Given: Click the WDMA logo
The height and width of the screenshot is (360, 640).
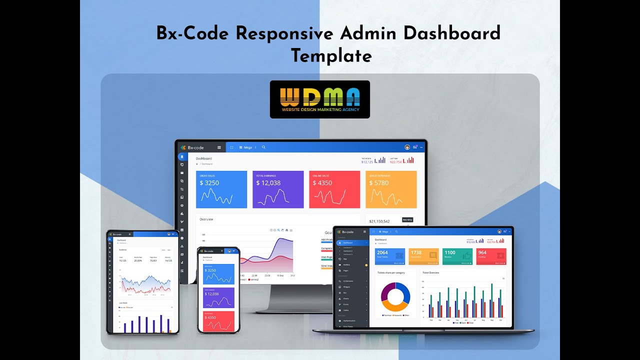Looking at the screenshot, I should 320,99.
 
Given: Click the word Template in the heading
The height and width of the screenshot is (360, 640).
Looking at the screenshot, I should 331,55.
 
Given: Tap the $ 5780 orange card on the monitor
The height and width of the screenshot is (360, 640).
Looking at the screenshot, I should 391,189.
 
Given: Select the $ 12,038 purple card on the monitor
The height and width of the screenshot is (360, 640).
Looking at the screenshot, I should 278,189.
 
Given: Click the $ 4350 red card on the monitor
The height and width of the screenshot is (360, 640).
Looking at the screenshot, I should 334,189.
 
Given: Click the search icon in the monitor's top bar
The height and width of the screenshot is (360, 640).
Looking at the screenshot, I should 264,147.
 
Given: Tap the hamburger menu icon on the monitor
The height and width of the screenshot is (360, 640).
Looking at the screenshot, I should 219,147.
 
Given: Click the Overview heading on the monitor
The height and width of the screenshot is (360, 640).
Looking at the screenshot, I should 206,219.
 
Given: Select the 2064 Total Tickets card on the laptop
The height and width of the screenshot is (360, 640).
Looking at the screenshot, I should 390,256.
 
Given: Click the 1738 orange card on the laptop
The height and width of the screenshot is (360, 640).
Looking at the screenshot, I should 423,256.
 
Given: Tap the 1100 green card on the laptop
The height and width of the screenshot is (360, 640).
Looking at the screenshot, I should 457,256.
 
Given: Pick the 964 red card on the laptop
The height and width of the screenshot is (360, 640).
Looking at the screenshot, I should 491,256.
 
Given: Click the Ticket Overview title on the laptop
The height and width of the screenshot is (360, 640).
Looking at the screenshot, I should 431,272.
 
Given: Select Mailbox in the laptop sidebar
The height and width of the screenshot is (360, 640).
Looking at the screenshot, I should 347,264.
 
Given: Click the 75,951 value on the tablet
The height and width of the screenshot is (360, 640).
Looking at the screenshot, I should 153,260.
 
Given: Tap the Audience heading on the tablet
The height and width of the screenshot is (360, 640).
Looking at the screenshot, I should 123,249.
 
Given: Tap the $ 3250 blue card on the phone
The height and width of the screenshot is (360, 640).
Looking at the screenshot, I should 218,274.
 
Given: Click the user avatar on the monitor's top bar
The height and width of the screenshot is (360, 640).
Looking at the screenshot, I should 407,147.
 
